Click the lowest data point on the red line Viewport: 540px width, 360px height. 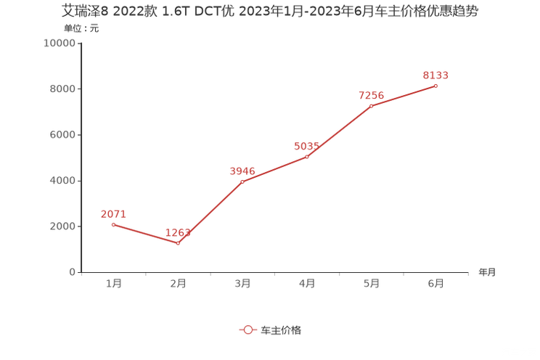tap(179, 243)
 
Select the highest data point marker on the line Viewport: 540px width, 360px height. tap(436, 86)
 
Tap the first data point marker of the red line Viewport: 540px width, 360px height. tap(113, 224)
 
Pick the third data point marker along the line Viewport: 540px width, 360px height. tap(242, 181)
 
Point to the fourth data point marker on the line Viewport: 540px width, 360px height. tap(307, 157)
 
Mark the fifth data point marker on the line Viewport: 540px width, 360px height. tap(371, 107)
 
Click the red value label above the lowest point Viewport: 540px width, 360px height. tap(179, 232)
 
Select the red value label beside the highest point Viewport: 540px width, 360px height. tap(436, 74)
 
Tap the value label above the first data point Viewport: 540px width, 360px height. tap(113, 213)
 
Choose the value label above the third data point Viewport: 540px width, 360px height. tap(242, 171)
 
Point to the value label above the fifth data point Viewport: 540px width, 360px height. tap(371, 96)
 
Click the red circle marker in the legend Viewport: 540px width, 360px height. tap(248, 330)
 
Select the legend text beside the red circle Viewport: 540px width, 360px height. tap(280, 330)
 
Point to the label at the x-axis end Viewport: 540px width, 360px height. tap(487, 273)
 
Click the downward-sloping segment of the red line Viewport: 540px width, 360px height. tap(146, 234)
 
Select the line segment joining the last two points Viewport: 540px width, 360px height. tap(404, 97)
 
